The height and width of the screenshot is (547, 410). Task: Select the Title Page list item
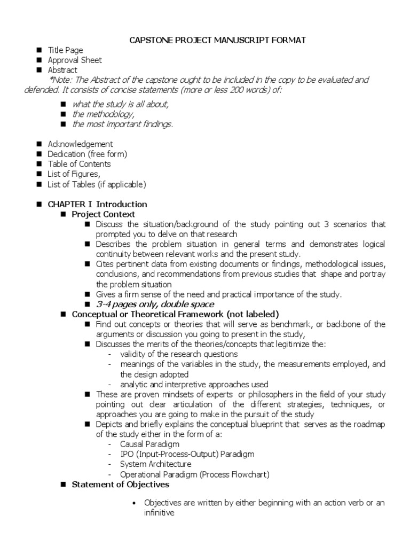coord(65,51)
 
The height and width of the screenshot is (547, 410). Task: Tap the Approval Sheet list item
coord(75,60)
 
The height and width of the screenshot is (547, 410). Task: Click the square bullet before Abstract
coord(40,70)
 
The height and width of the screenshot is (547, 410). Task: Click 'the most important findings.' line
coord(123,124)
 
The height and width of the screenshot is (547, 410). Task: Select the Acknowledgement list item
coord(80,144)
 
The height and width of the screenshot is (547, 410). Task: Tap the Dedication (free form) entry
coord(88,154)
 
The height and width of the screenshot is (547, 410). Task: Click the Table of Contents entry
coord(79,164)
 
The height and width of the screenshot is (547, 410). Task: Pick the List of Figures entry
coord(74,174)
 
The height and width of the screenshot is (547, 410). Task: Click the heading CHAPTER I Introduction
coord(97,204)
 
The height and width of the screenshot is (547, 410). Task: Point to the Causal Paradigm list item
coord(149,444)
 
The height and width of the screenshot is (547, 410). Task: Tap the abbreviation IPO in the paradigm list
coord(127,454)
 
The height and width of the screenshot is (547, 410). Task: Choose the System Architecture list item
coord(155,464)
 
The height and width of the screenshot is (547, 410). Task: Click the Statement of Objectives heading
coord(121,485)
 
